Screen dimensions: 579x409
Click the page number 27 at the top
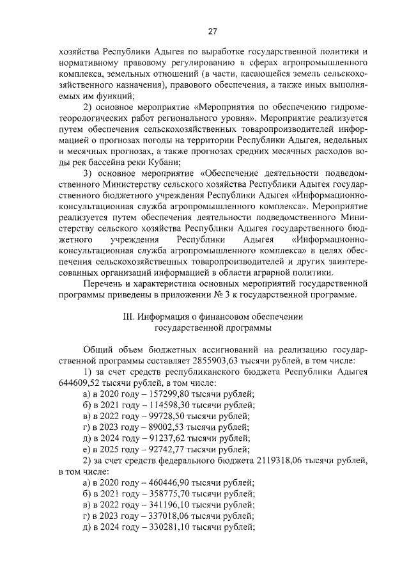click(x=213, y=31)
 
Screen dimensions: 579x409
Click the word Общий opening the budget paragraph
click(x=100, y=349)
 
